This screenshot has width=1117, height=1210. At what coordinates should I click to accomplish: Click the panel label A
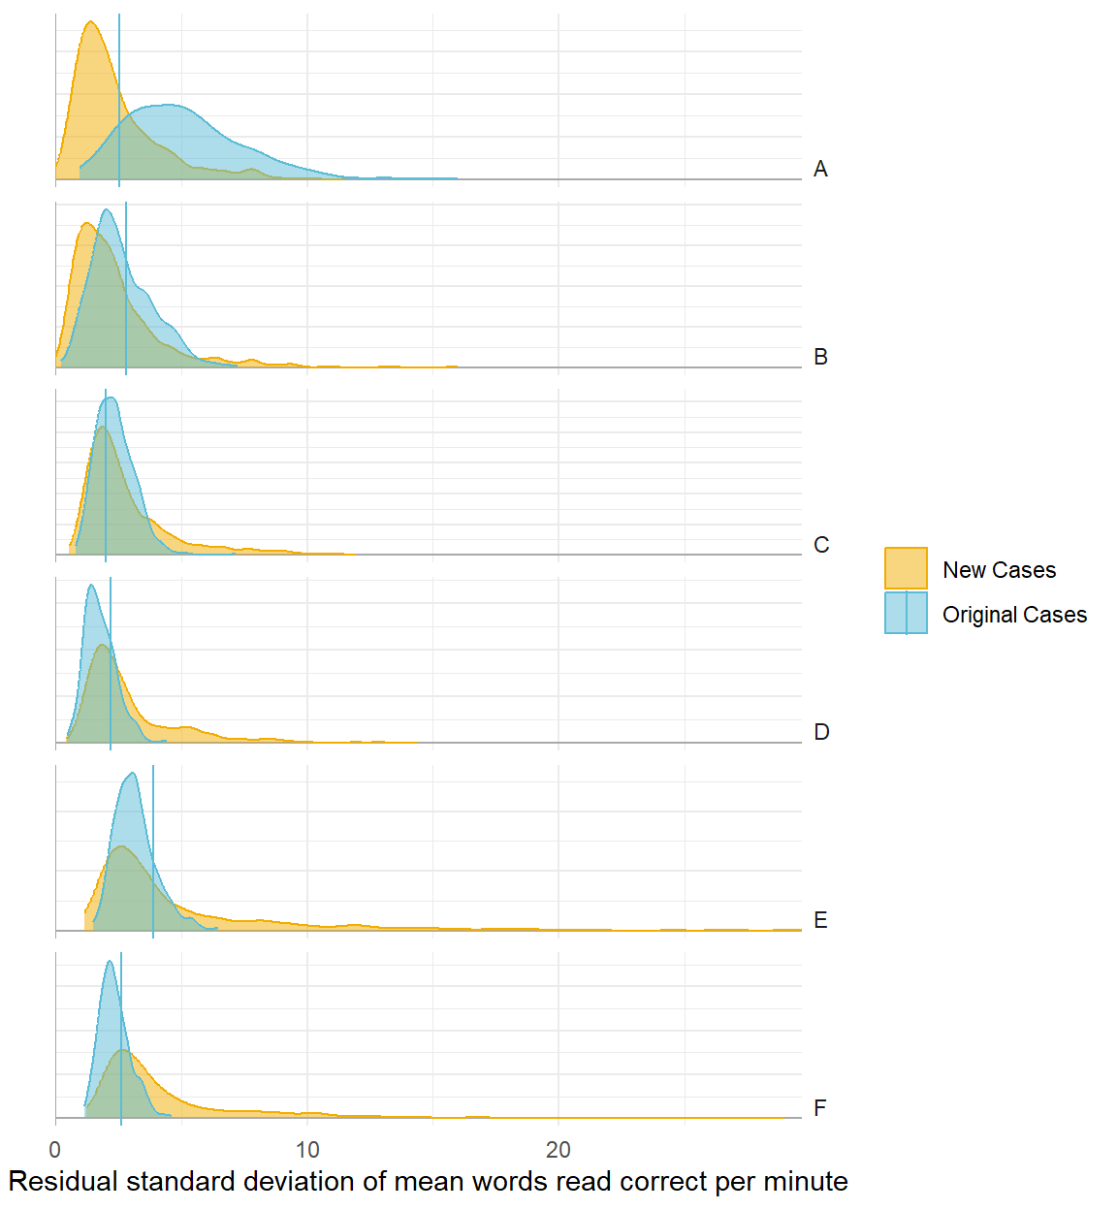820,170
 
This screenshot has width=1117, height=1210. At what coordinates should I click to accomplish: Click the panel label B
820,358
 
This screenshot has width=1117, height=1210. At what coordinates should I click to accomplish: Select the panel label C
821,545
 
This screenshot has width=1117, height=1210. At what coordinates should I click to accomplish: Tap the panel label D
821,733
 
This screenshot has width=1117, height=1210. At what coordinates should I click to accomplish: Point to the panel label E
820,921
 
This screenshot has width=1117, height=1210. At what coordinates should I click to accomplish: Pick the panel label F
820,1108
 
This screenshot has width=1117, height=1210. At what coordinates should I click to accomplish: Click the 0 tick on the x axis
55,1150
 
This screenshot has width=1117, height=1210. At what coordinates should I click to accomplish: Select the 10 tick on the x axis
307,1150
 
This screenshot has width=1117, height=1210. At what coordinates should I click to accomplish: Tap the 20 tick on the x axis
558,1150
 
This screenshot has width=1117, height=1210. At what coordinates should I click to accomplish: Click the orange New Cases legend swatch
906,568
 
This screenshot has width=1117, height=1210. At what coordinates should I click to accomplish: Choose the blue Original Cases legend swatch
906,613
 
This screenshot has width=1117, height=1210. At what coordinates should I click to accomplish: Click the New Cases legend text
999,570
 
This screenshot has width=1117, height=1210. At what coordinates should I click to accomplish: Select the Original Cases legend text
1014,615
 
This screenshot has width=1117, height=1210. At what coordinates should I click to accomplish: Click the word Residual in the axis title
64,1182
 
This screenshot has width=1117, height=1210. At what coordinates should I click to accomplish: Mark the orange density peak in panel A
90,23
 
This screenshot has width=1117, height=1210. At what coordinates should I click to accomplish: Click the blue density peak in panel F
110,962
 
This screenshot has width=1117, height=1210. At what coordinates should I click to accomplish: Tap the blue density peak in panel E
132,774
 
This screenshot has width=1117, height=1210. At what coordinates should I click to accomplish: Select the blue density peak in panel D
91,586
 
